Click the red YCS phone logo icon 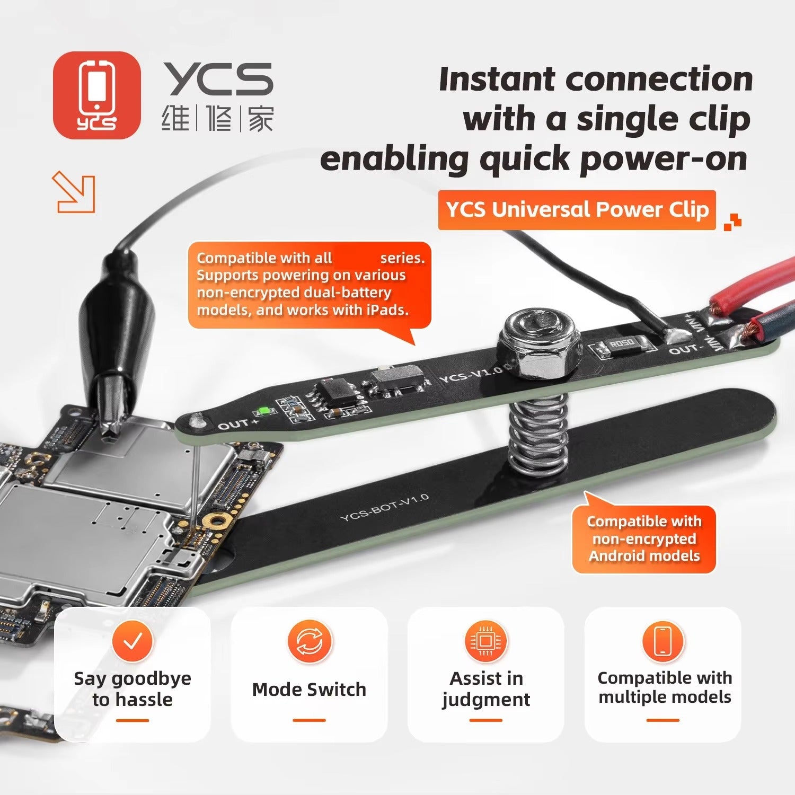click(x=97, y=95)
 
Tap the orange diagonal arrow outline click(x=74, y=192)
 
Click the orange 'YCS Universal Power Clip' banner click(x=577, y=210)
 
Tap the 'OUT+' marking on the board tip click(x=238, y=425)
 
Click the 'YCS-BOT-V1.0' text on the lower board click(x=385, y=507)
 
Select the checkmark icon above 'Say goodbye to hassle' click(x=132, y=641)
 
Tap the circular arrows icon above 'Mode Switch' click(x=310, y=641)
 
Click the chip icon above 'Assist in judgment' click(x=486, y=641)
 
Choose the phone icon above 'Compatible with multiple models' click(x=662, y=641)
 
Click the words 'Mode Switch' click(x=310, y=690)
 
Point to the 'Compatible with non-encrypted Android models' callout click(x=644, y=538)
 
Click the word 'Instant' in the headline click(x=497, y=79)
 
